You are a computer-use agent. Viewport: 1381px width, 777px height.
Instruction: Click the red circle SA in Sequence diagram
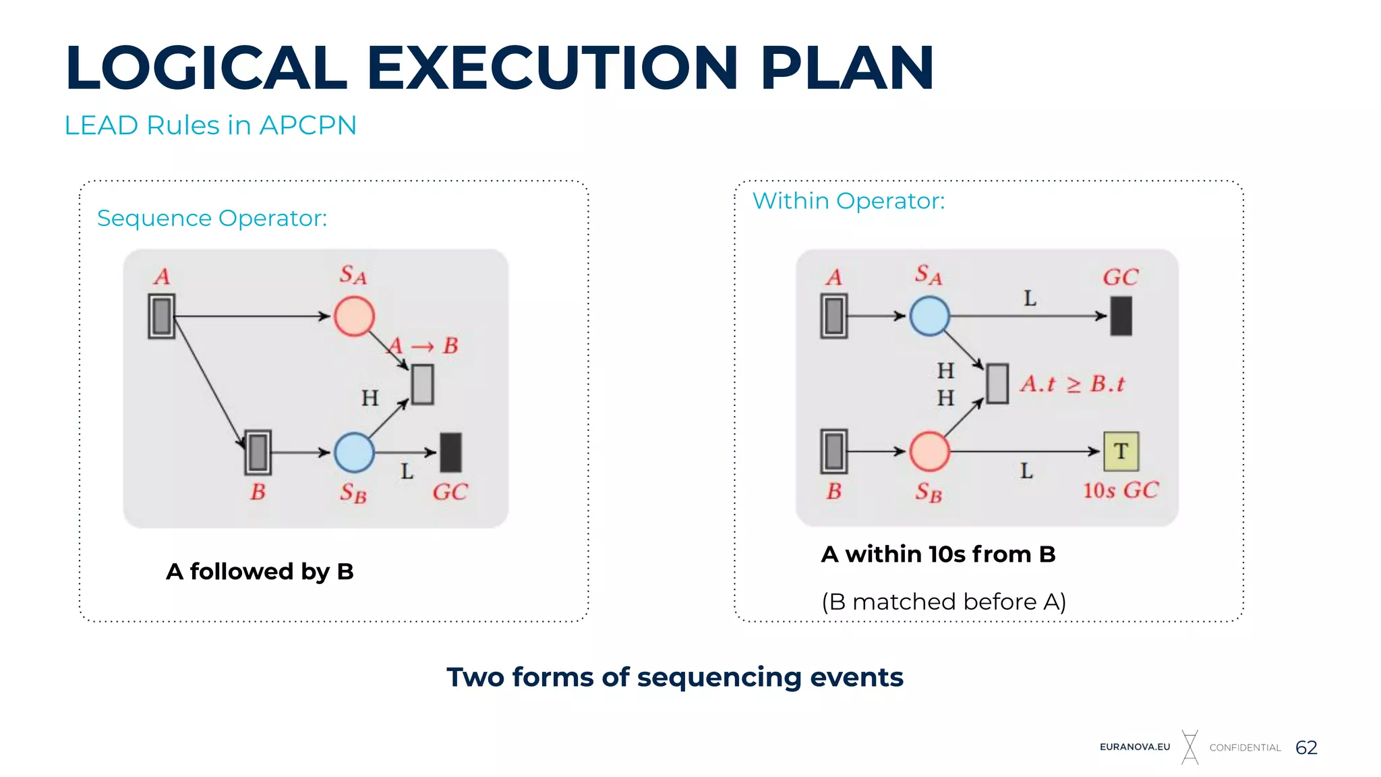tap(354, 316)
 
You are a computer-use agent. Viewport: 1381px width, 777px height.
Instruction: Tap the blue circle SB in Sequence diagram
tap(354, 452)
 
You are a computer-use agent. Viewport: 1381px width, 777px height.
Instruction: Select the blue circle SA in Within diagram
tap(929, 316)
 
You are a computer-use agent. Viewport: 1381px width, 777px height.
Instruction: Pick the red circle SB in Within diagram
tap(929, 451)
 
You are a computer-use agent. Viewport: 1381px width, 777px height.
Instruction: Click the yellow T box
tap(1121, 451)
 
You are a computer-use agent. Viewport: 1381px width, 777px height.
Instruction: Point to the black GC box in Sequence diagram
tap(450, 452)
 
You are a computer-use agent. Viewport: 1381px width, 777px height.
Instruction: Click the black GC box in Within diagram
tap(1121, 316)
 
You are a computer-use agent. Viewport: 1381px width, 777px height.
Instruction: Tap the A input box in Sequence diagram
tap(162, 316)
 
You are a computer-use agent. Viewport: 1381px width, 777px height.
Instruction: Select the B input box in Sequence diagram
tap(258, 452)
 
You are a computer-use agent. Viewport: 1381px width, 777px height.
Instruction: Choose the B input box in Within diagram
tap(833, 451)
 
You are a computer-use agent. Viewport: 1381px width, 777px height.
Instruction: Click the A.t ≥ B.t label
tap(1072, 384)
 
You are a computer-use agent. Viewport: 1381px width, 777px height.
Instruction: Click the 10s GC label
tap(1121, 490)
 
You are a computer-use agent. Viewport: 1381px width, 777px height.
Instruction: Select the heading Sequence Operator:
tap(212, 219)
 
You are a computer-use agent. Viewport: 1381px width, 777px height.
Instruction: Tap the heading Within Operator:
tap(848, 201)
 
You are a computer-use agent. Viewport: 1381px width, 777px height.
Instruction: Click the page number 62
tap(1306, 747)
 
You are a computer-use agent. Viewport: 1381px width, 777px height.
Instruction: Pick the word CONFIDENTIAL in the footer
tap(1245, 747)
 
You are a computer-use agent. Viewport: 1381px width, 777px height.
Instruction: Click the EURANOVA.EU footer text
tap(1135, 747)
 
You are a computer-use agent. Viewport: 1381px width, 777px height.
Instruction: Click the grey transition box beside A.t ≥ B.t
tap(997, 384)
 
